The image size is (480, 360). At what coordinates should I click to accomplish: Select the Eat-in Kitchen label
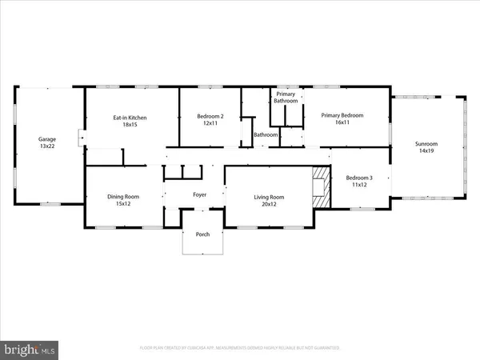pyautogui.click(x=129, y=118)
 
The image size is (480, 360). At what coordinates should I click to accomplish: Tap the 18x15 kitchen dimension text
pyautogui.click(x=129, y=125)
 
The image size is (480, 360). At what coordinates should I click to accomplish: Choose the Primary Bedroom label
pyautogui.click(x=342, y=116)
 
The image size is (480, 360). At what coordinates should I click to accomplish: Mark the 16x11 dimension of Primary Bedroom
pyautogui.click(x=342, y=123)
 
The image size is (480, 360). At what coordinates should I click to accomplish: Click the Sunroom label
pyautogui.click(x=426, y=144)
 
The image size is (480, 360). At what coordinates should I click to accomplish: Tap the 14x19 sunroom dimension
pyautogui.click(x=426, y=151)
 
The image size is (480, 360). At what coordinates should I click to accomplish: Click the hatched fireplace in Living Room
pyautogui.click(x=320, y=187)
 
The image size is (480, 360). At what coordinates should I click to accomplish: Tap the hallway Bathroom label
pyautogui.click(x=266, y=135)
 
